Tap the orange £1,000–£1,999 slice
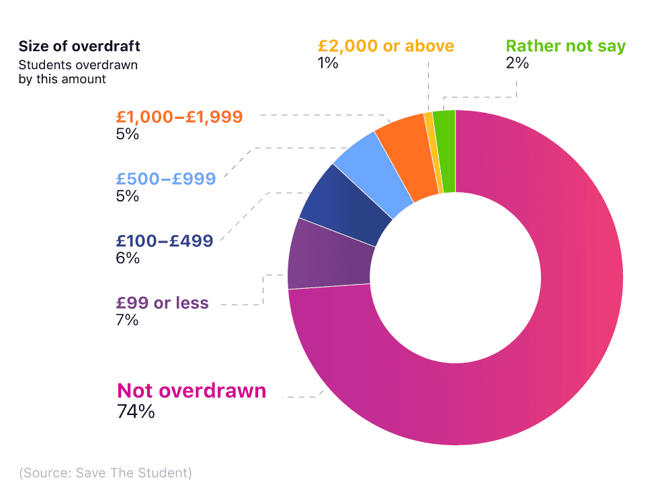click(407, 159)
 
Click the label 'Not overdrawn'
click(192, 391)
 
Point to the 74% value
click(136, 412)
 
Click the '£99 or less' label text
click(162, 303)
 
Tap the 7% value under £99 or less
click(127, 320)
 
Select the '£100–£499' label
click(164, 240)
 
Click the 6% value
click(127, 258)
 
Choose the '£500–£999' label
click(165, 179)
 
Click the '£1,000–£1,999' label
click(179, 116)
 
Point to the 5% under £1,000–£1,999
click(127, 134)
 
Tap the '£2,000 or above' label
click(386, 46)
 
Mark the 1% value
click(328, 64)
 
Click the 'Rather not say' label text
click(565, 46)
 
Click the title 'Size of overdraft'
click(79, 46)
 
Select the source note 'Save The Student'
click(106, 473)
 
